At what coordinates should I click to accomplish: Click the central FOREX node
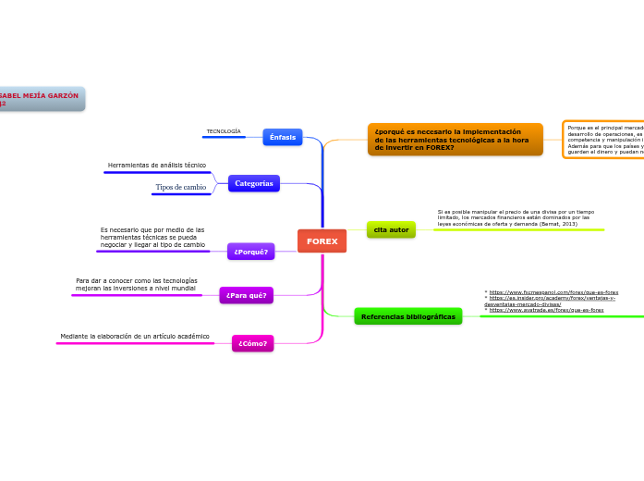(x=322, y=240)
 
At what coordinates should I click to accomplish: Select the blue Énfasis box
(x=283, y=137)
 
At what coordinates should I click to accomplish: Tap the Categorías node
(x=253, y=183)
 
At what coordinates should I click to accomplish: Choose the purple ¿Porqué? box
(x=250, y=252)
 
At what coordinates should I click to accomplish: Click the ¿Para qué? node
(x=246, y=295)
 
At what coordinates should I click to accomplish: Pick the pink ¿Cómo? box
(x=252, y=343)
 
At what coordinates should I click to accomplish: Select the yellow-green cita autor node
(x=391, y=229)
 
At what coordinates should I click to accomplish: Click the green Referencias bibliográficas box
(x=407, y=316)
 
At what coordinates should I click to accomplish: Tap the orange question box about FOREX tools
(x=455, y=139)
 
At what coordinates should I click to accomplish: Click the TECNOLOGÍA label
(x=223, y=131)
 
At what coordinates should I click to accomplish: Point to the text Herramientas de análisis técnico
(x=156, y=165)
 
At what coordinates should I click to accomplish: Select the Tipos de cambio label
(x=180, y=187)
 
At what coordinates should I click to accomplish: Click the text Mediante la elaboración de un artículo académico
(x=135, y=336)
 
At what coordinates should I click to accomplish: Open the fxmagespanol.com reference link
(x=553, y=292)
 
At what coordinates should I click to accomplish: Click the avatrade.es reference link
(x=546, y=311)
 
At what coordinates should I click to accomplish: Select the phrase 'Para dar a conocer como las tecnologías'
(x=136, y=280)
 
